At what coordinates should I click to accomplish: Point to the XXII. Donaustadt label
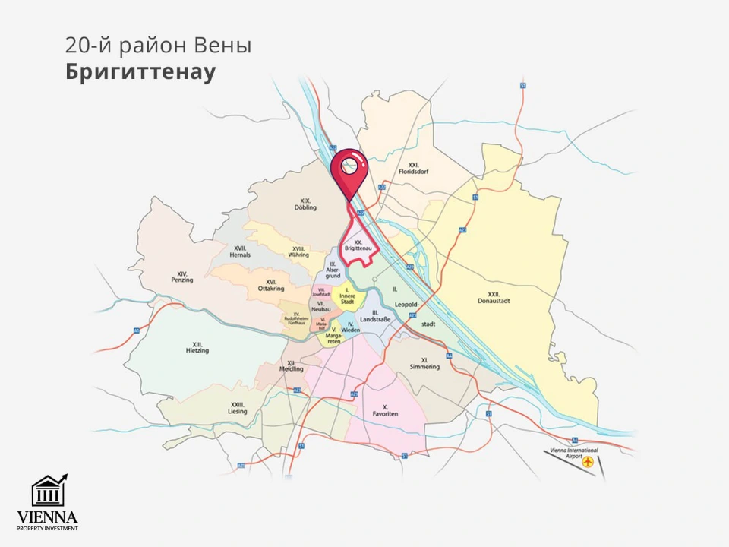coord(498,298)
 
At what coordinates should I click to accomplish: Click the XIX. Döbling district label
coord(305,204)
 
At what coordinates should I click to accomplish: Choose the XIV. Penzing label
coord(182,277)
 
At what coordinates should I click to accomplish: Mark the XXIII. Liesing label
coord(238,408)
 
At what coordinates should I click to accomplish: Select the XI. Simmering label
coord(424,364)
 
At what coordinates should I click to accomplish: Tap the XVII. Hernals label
coord(241,251)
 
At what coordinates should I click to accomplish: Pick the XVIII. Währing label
coord(298,252)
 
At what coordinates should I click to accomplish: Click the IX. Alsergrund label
coord(333,270)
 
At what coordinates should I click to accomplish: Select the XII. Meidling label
coord(292,366)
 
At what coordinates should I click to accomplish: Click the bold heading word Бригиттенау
coord(140,72)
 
